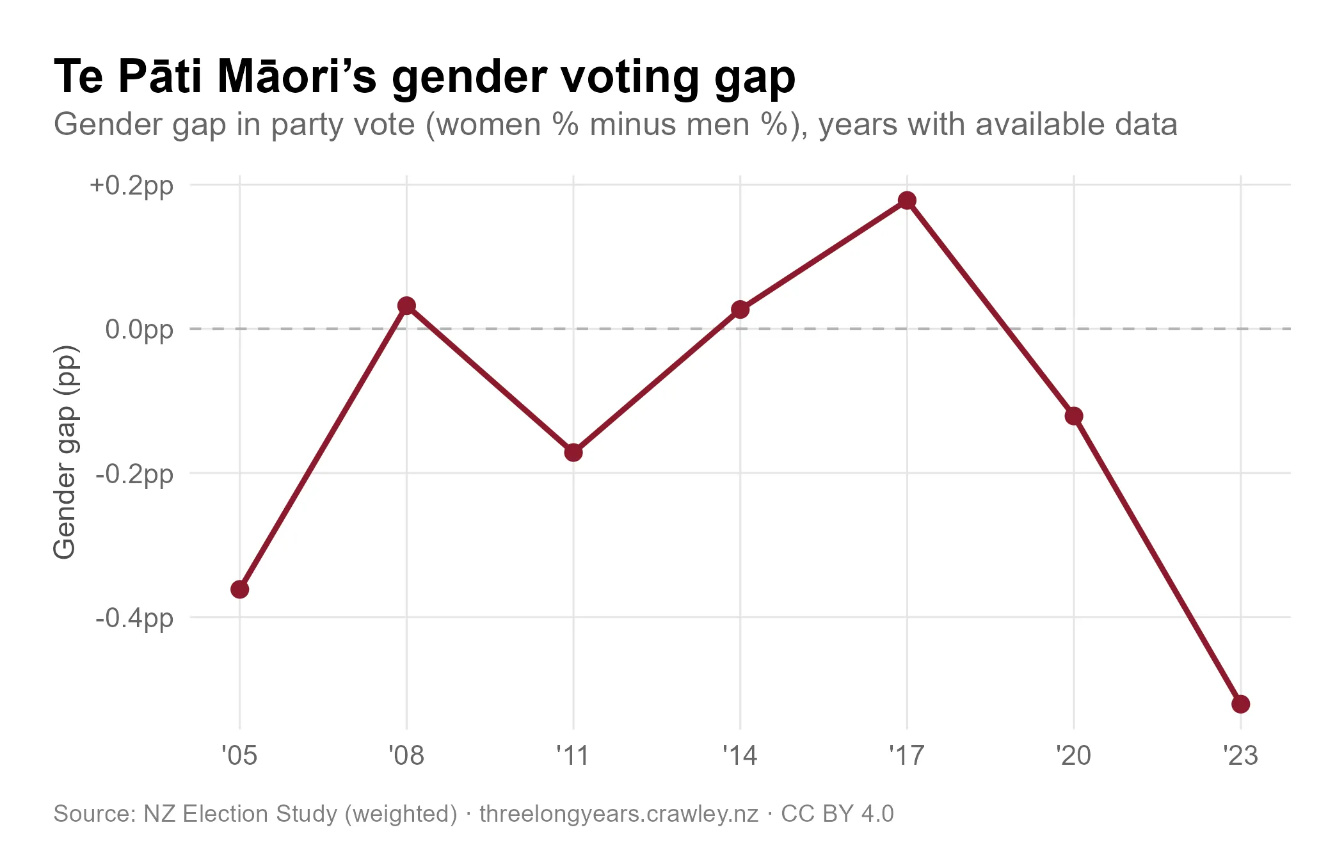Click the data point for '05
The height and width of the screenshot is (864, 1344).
239,589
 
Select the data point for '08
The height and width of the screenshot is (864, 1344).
406,305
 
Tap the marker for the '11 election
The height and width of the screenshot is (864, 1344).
573,452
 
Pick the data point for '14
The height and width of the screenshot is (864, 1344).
740,310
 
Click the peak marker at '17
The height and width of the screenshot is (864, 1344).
907,200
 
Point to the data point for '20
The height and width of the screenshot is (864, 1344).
1074,416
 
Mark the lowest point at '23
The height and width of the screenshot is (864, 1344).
1240,705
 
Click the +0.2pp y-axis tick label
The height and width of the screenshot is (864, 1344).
132,186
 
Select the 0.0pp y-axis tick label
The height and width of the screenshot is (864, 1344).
140,330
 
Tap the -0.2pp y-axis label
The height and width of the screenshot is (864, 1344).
134,474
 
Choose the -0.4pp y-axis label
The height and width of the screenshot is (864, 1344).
134,618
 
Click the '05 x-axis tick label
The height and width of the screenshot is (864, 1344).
239,756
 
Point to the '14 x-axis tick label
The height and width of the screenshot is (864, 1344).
740,756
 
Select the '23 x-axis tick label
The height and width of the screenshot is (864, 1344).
1240,756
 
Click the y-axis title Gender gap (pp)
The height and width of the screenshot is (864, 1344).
65,452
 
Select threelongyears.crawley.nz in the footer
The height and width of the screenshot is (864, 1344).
618,814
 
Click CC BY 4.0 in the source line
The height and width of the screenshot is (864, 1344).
837,814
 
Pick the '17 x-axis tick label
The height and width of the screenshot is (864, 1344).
907,756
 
